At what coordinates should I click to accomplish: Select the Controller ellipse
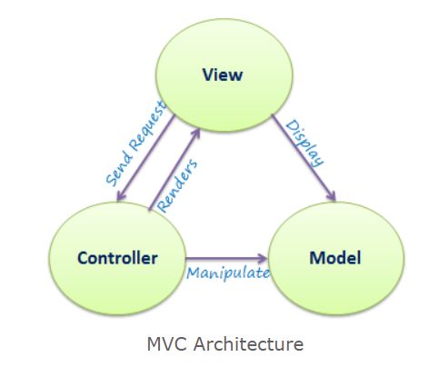pyautogui.click(x=115, y=258)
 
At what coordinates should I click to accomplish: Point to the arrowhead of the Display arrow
pyautogui.click(x=334, y=195)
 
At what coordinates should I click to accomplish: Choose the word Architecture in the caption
pyautogui.click(x=246, y=344)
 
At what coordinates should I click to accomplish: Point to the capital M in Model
pyautogui.click(x=314, y=258)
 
